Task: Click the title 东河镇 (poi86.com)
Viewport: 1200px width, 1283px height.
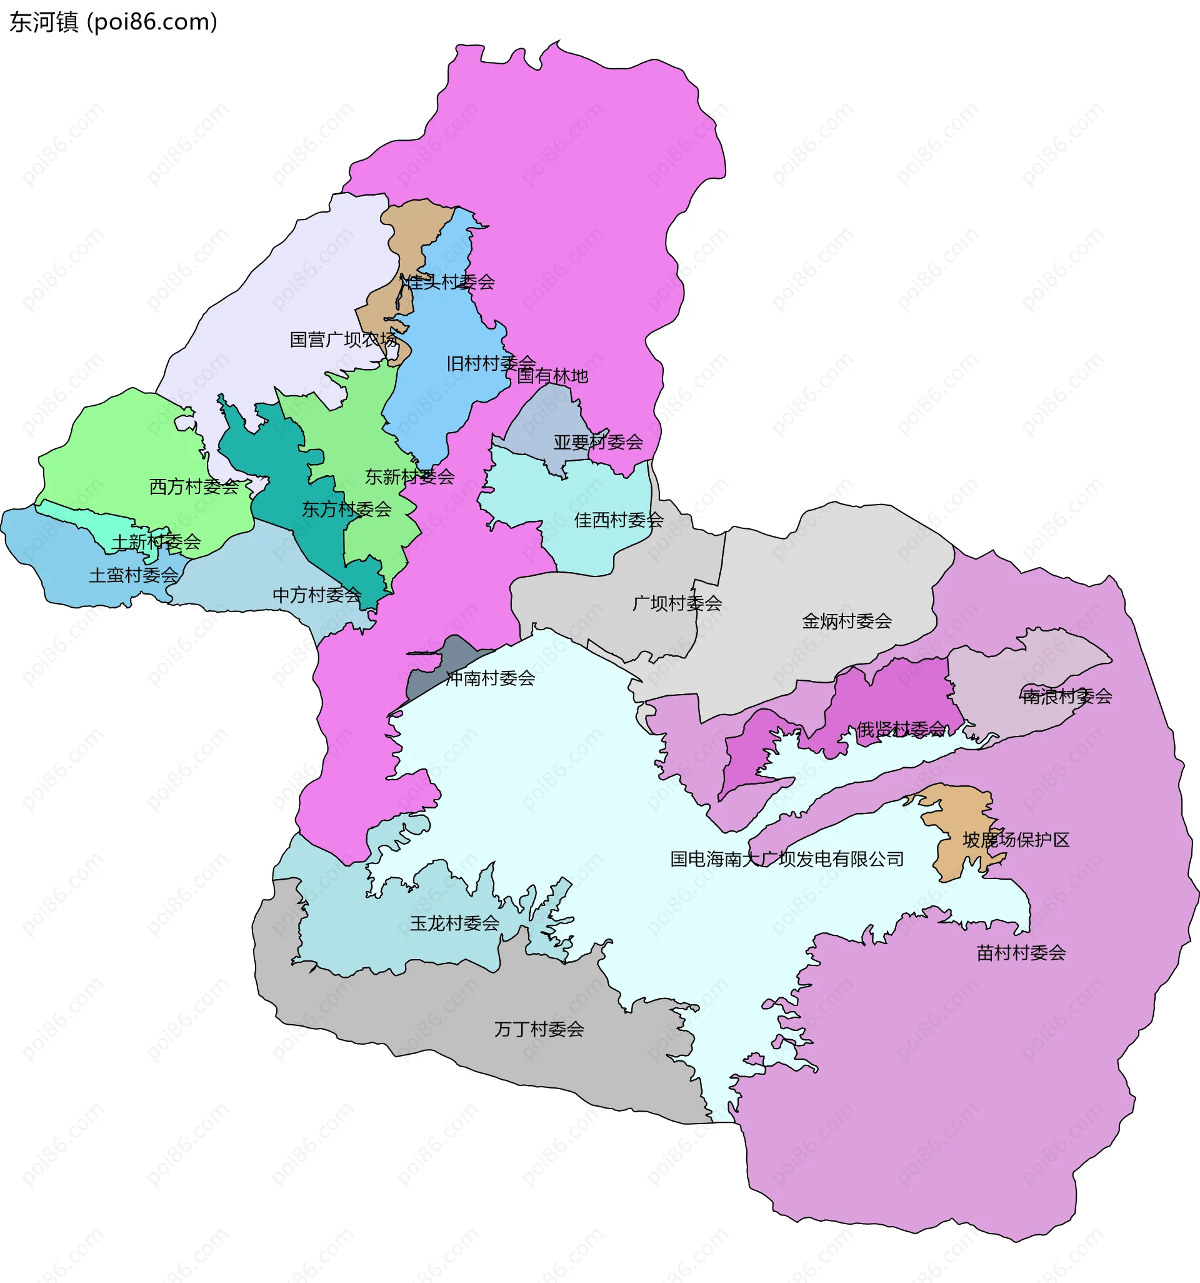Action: click(x=114, y=23)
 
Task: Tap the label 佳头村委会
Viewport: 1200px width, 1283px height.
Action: click(x=447, y=282)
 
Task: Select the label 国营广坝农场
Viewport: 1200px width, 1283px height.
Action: click(x=343, y=340)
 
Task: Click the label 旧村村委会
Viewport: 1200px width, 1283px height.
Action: click(x=491, y=363)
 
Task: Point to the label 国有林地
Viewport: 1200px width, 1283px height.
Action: click(x=552, y=376)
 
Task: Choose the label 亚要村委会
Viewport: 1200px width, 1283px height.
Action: click(x=598, y=442)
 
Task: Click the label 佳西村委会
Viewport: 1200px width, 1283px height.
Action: click(x=619, y=520)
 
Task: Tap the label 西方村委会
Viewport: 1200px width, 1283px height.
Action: click(x=194, y=486)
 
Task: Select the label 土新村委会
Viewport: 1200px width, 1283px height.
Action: click(x=156, y=542)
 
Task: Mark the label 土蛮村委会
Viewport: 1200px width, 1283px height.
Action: click(x=134, y=575)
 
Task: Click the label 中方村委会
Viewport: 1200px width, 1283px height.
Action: click(x=317, y=595)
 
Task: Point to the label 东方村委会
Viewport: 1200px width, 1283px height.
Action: click(x=347, y=509)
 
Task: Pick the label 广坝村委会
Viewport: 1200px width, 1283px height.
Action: click(x=677, y=603)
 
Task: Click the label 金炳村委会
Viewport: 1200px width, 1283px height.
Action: click(x=846, y=621)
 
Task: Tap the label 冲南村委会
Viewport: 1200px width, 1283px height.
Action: click(x=491, y=678)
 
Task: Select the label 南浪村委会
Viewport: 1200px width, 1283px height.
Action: click(x=1067, y=697)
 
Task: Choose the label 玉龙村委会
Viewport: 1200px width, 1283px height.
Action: click(x=455, y=923)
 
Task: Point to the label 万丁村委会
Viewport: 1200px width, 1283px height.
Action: click(x=539, y=1029)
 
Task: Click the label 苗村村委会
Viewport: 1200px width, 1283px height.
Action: click(x=1021, y=953)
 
